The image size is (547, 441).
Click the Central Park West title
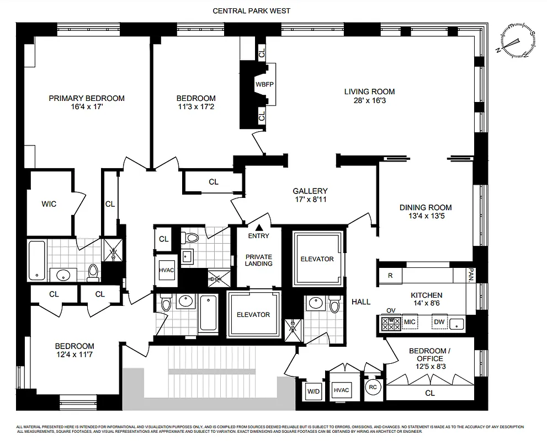(251, 10)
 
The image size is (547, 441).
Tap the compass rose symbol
(517, 41)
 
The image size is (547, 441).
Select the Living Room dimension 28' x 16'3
(370, 100)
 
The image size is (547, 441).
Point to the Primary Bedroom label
(87, 98)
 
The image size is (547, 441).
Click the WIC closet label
(49, 204)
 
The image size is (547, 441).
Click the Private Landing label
(258, 260)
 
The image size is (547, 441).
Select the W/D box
(313, 391)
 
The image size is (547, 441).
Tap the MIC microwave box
(409, 322)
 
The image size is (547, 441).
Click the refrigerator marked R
(390, 276)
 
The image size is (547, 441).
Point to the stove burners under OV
(390, 323)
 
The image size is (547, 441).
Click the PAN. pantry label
(470, 276)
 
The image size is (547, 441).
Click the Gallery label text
(310, 191)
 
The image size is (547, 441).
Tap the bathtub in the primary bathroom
(37, 260)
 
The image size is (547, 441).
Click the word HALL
(361, 302)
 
